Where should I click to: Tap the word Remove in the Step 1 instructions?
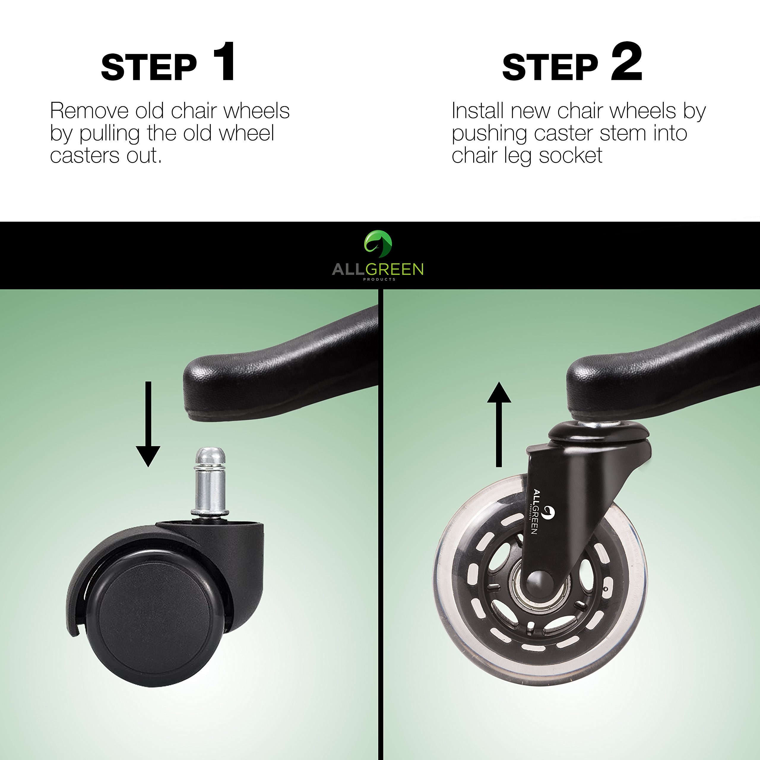90,111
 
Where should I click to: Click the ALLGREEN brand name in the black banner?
378,270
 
